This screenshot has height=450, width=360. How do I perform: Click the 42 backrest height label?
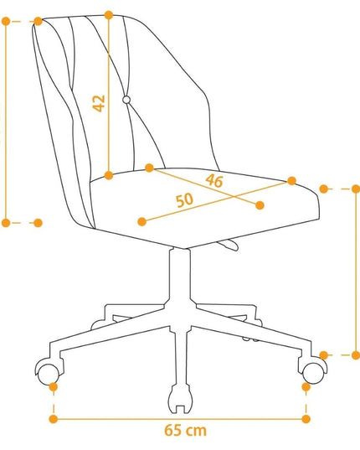[x=99, y=103]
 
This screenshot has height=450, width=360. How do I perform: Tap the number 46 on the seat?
[x=214, y=181]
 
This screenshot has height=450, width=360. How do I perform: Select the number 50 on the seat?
[x=184, y=200]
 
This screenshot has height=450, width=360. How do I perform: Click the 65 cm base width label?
[x=185, y=431]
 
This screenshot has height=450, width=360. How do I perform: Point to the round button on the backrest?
[x=126, y=100]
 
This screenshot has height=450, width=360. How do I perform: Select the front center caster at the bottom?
[x=180, y=399]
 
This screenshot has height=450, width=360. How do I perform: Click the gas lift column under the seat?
[x=180, y=277]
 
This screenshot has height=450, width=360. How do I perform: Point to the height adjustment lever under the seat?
[x=229, y=245]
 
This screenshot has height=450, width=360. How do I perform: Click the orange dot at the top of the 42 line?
[x=109, y=15]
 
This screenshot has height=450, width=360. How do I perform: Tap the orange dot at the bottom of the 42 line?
[x=109, y=175]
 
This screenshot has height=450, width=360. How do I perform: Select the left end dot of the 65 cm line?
[x=54, y=419]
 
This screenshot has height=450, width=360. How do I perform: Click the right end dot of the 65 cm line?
[x=306, y=419]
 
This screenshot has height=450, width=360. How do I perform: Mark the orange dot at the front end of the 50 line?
[x=142, y=221]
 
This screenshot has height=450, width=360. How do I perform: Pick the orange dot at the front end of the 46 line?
[x=260, y=205]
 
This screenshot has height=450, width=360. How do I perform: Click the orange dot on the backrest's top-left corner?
[x=39, y=21]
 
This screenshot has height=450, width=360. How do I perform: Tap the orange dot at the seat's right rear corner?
[x=291, y=181]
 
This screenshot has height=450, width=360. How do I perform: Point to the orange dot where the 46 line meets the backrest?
[x=150, y=168]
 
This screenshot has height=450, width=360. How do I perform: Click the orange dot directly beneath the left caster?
[x=54, y=387]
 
